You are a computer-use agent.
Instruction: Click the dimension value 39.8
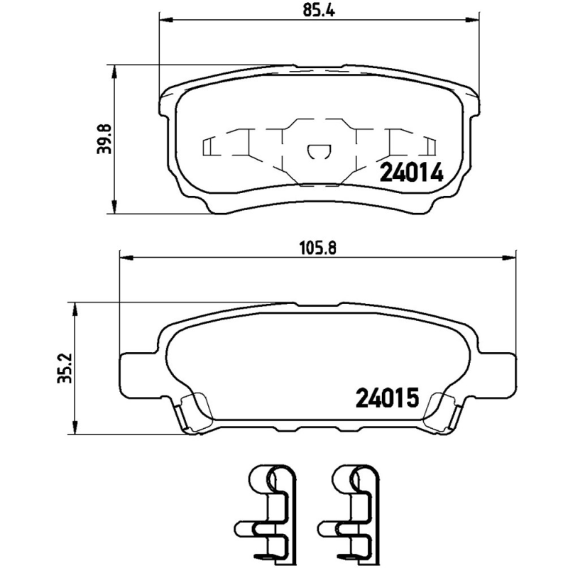[104, 138]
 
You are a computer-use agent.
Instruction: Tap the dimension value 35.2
[65, 367]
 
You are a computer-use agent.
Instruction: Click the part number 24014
[412, 173]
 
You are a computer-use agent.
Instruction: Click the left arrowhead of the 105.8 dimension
[122, 258]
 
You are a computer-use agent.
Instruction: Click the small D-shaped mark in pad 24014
[317, 151]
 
